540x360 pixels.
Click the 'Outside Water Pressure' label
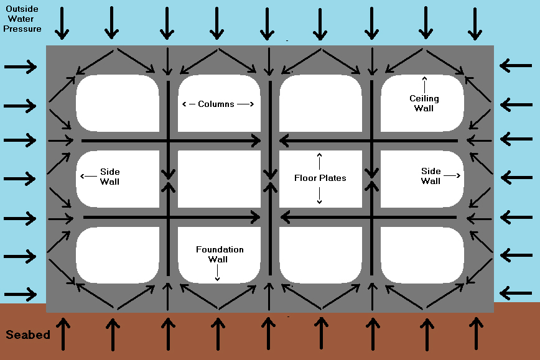tap(22, 19)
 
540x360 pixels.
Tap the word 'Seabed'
tap(28, 335)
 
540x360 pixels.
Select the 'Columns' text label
tap(216, 104)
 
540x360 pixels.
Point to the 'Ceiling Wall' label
tap(424, 103)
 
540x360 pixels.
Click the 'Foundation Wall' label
tap(220, 254)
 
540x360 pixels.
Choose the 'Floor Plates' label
tap(320, 178)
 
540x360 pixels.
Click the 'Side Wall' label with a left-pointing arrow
tap(109, 177)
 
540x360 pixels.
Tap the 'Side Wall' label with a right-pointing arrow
tap(431, 176)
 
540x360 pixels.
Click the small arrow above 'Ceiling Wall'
tap(424, 85)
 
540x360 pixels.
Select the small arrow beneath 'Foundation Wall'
tap(217, 273)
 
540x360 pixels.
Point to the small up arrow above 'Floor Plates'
tap(319, 162)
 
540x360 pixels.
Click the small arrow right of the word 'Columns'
tap(246, 104)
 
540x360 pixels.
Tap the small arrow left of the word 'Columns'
tap(189, 104)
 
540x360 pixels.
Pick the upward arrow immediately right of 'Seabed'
tap(63, 334)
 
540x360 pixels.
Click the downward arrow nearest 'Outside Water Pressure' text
tap(62, 24)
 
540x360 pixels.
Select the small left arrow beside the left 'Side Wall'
tap(88, 176)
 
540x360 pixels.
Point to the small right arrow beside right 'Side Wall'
tap(452, 175)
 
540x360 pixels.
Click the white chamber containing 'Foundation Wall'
tap(219, 255)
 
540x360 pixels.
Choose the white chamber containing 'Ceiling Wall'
tap(422, 103)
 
